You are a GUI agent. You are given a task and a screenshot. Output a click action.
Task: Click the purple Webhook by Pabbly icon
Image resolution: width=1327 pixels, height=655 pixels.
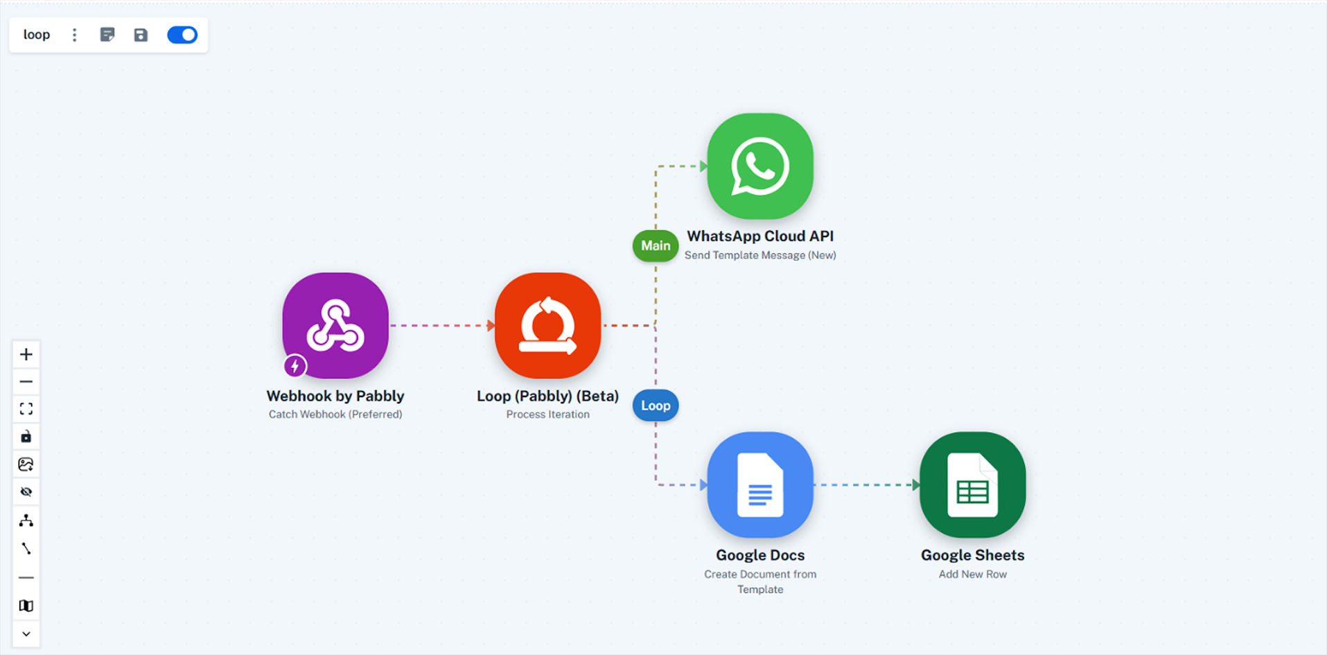point(335,325)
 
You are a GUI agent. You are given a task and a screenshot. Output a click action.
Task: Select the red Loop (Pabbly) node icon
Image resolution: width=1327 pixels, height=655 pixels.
point(547,325)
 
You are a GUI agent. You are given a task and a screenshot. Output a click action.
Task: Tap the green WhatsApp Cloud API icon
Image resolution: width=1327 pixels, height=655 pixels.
point(760,166)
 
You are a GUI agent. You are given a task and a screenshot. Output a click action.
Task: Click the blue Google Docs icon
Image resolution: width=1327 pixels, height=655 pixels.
point(760,484)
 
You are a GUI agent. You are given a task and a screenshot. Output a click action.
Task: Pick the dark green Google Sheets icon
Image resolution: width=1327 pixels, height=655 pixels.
point(972,484)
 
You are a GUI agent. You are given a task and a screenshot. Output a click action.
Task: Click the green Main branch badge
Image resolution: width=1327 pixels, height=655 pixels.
point(656,246)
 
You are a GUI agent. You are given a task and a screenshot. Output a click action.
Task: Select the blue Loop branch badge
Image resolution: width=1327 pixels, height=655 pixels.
point(656,405)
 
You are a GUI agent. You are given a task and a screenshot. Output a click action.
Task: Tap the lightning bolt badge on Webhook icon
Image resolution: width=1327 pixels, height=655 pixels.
point(295,365)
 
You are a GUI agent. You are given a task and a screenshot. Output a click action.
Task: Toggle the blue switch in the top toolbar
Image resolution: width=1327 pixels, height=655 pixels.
point(182,35)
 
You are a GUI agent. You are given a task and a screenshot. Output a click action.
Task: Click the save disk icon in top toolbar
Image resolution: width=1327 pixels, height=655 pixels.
point(141,35)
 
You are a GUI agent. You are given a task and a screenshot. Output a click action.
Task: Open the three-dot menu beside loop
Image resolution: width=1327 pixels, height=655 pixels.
point(75,35)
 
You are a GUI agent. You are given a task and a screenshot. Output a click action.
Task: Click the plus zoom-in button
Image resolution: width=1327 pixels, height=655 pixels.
point(26,354)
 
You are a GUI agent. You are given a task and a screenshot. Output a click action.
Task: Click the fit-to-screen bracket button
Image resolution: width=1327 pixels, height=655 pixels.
point(26,409)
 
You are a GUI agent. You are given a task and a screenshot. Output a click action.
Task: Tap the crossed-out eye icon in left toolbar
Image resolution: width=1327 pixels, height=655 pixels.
point(26,492)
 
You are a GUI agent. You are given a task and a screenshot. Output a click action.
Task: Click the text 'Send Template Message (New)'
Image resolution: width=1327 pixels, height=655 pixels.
point(760,255)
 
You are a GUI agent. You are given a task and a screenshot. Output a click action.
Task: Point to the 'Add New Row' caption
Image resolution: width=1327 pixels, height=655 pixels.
point(972,574)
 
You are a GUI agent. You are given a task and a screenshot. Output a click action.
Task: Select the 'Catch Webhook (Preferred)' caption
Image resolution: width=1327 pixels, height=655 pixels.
point(335,414)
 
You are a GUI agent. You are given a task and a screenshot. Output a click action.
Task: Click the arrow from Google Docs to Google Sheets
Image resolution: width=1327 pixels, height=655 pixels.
point(866,484)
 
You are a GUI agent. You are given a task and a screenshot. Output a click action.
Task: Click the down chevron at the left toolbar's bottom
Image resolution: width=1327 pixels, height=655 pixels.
point(26,634)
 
